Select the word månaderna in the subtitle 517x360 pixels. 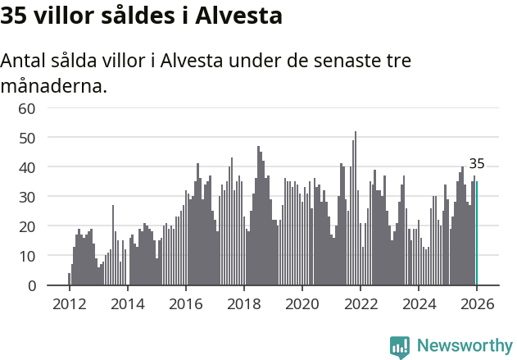pyautogui.click(x=53, y=85)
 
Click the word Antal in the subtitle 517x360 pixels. pyautogui.click(x=27, y=61)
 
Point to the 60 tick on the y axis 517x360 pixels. pyautogui.click(x=27, y=108)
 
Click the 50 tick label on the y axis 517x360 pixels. pyautogui.click(x=27, y=138)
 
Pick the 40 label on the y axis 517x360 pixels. pyautogui.click(x=27, y=167)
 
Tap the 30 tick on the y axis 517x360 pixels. pyautogui.click(x=27, y=197)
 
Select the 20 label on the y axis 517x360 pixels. pyautogui.click(x=27, y=226)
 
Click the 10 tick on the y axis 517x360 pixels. pyautogui.click(x=27, y=256)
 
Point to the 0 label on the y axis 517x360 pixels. pyautogui.click(x=31, y=285)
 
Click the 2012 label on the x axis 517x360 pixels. pyautogui.click(x=69, y=303)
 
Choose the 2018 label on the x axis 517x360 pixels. pyautogui.click(x=243, y=303)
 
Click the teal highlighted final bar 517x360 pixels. pyautogui.click(x=477, y=234)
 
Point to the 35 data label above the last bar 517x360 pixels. pyautogui.click(x=477, y=164)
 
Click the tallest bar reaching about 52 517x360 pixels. pyautogui.click(x=356, y=209)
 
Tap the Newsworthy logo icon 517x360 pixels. pyautogui.click(x=400, y=347)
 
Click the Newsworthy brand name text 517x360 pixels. pyautogui.click(x=464, y=346)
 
